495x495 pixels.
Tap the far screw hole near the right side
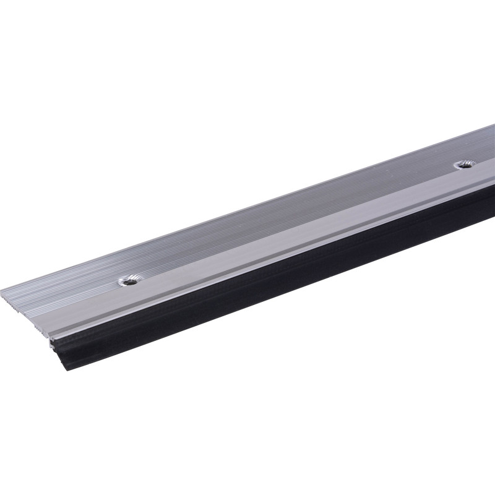pos(463,164)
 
